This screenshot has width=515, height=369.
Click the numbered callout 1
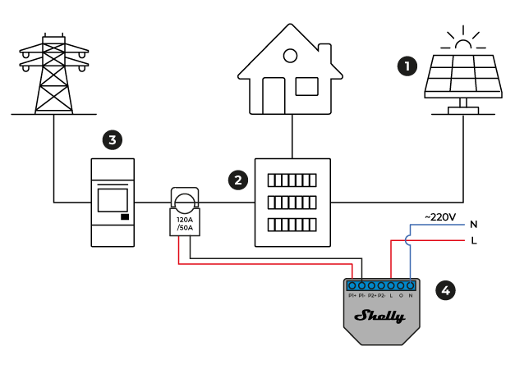tap(407, 66)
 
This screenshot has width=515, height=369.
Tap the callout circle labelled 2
tap(238, 180)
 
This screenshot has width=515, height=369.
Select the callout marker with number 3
tap(113, 139)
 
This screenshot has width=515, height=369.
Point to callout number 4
tap(445, 290)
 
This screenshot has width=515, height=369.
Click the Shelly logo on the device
tap(380, 316)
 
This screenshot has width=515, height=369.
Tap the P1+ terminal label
tap(352, 295)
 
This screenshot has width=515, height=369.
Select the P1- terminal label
tap(362, 295)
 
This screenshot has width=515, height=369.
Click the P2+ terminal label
tap(372, 295)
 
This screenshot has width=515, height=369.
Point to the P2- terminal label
tap(382, 295)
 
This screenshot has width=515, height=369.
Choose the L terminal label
tap(391, 295)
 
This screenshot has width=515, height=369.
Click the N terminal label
tap(411, 295)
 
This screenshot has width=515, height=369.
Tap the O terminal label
tap(401, 295)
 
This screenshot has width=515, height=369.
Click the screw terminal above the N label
tap(411, 285)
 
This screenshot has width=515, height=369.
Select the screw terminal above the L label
tap(391, 285)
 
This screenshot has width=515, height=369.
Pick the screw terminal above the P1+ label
tap(352, 285)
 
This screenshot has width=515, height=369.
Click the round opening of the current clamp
tap(185, 203)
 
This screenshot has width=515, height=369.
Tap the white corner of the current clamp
tap(176, 194)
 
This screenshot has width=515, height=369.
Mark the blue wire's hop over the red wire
tap(408, 240)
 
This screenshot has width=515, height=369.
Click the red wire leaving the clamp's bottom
tap(178, 250)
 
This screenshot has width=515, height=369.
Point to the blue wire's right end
tap(462, 225)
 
